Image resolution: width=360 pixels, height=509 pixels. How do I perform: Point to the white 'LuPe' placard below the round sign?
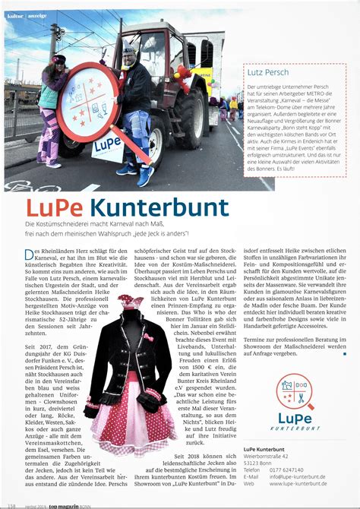[107, 145]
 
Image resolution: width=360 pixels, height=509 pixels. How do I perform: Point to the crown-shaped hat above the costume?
[131, 302]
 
